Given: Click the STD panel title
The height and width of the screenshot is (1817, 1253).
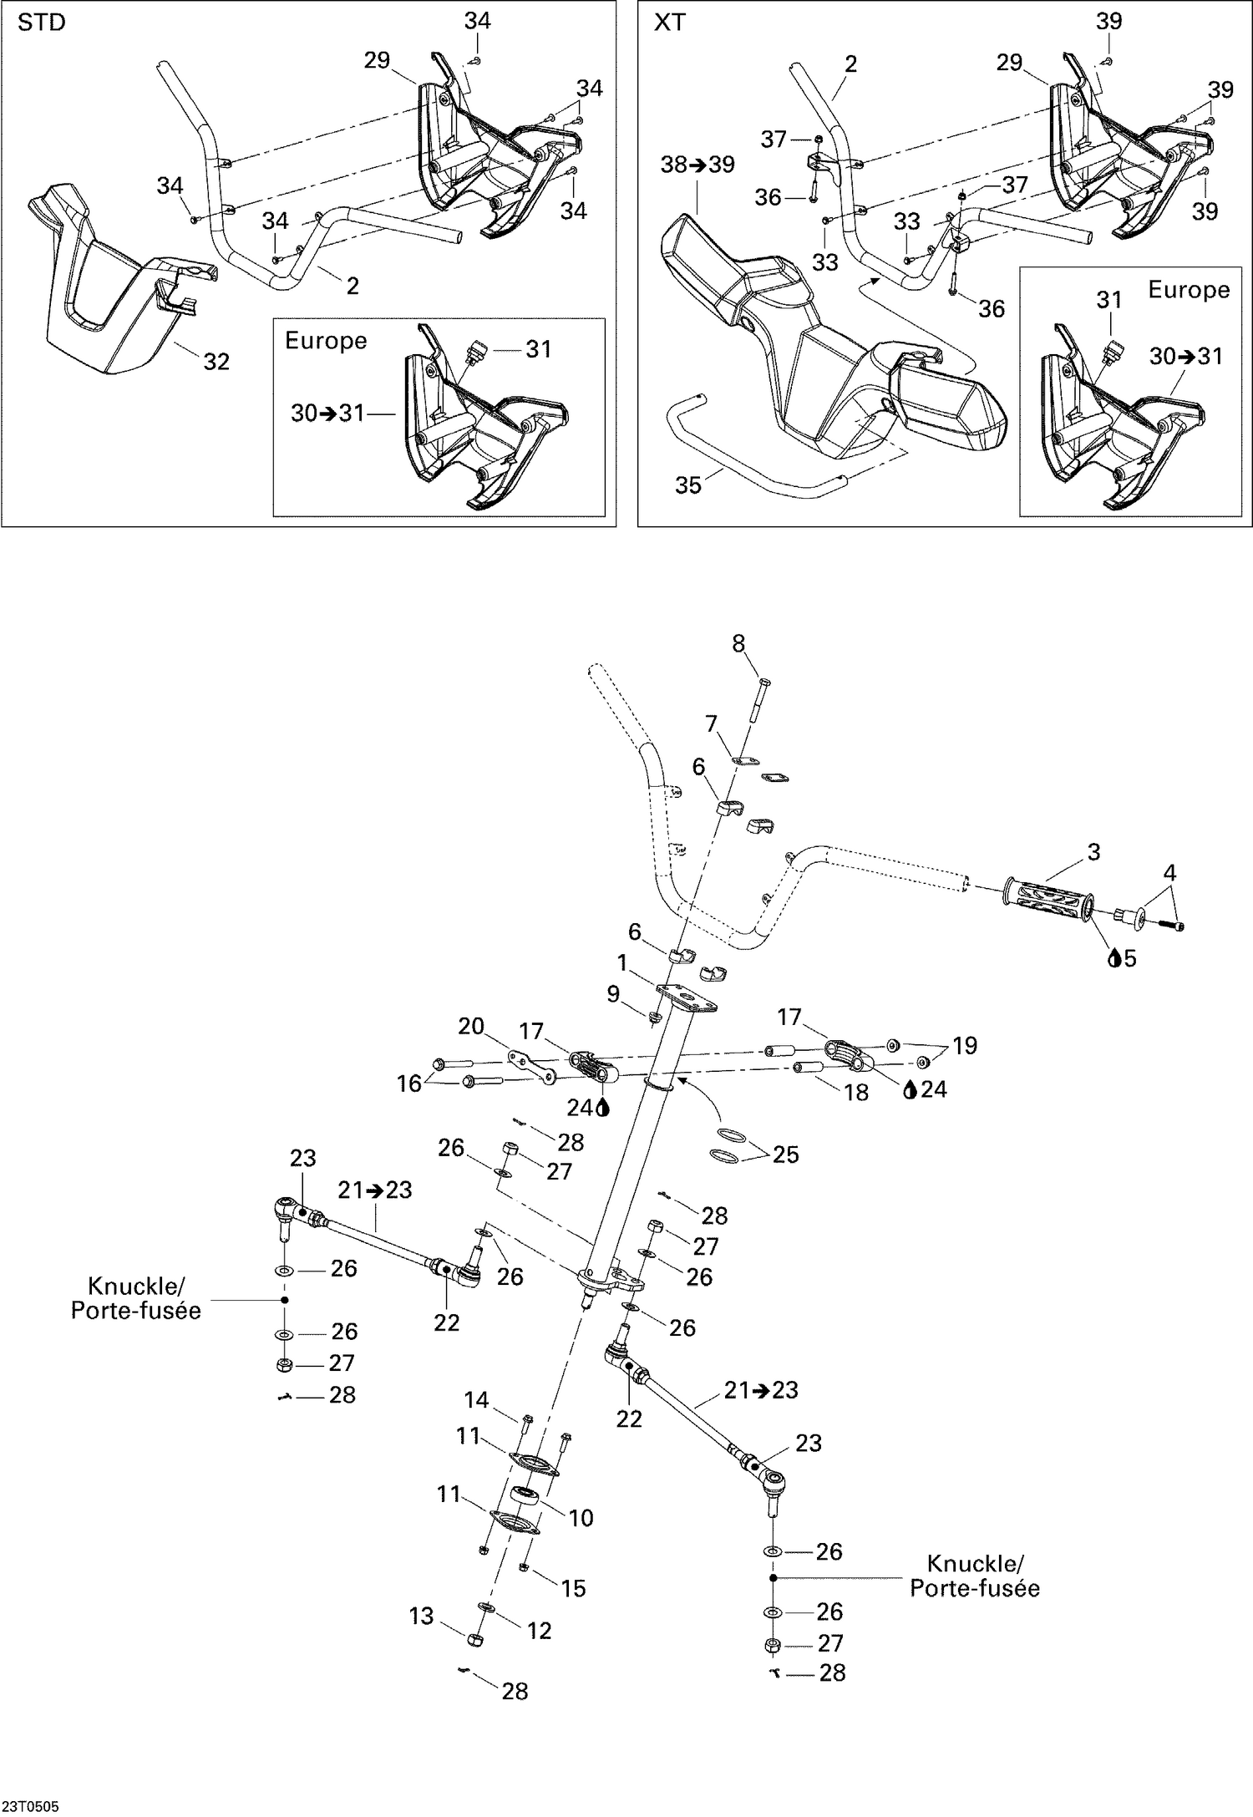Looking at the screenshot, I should pyautogui.click(x=41, y=23).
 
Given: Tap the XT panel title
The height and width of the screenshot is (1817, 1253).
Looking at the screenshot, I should pyautogui.click(x=669, y=23).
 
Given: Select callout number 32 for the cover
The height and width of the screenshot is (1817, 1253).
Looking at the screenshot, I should pyautogui.click(x=216, y=362).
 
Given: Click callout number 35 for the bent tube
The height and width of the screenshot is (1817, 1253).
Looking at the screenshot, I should pyautogui.click(x=687, y=485).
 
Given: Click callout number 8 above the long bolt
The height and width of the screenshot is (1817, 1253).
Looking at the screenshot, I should pyautogui.click(x=738, y=643).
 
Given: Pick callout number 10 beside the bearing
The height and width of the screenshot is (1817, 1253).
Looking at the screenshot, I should pyautogui.click(x=581, y=1517).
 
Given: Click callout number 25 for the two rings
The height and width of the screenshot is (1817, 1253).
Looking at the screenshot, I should pyautogui.click(x=785, y=1155).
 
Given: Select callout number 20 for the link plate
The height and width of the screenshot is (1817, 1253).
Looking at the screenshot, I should pyautogui.click(x=471, y=1026).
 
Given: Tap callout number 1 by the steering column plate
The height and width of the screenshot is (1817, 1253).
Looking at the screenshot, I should pyautogui.click(x=621, y=963).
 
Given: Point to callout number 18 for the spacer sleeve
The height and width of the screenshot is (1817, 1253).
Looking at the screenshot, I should pyautogui.click(x=855, y=1092).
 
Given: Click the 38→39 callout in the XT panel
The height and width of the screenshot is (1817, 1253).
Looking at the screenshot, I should pyautogui.click(x=698, y=165).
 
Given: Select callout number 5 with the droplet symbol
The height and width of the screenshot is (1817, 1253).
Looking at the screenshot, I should pyautogui.click(x=1129, y=958).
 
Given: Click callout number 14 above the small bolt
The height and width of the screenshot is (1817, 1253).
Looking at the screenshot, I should pyautogui.click(x=476, y=1399).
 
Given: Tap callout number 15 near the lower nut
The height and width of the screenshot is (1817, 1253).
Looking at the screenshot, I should pyautogui.click(x=573, y=1588).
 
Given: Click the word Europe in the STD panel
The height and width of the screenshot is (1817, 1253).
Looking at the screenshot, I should pyautogui.click(x=326, y=341).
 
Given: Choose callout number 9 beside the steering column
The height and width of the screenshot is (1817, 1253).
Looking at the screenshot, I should pyautogui.click(x=613, y=993).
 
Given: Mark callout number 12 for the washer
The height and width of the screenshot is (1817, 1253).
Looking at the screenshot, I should pyautogui.click(x=540, y=1630).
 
